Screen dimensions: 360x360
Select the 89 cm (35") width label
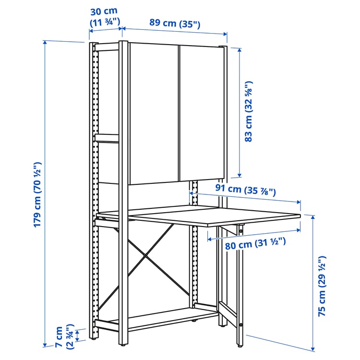168,23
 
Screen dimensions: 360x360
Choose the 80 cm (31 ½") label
255,243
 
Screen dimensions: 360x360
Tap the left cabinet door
154,113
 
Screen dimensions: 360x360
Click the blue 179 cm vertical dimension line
45,192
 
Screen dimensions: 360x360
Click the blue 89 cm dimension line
175,32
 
